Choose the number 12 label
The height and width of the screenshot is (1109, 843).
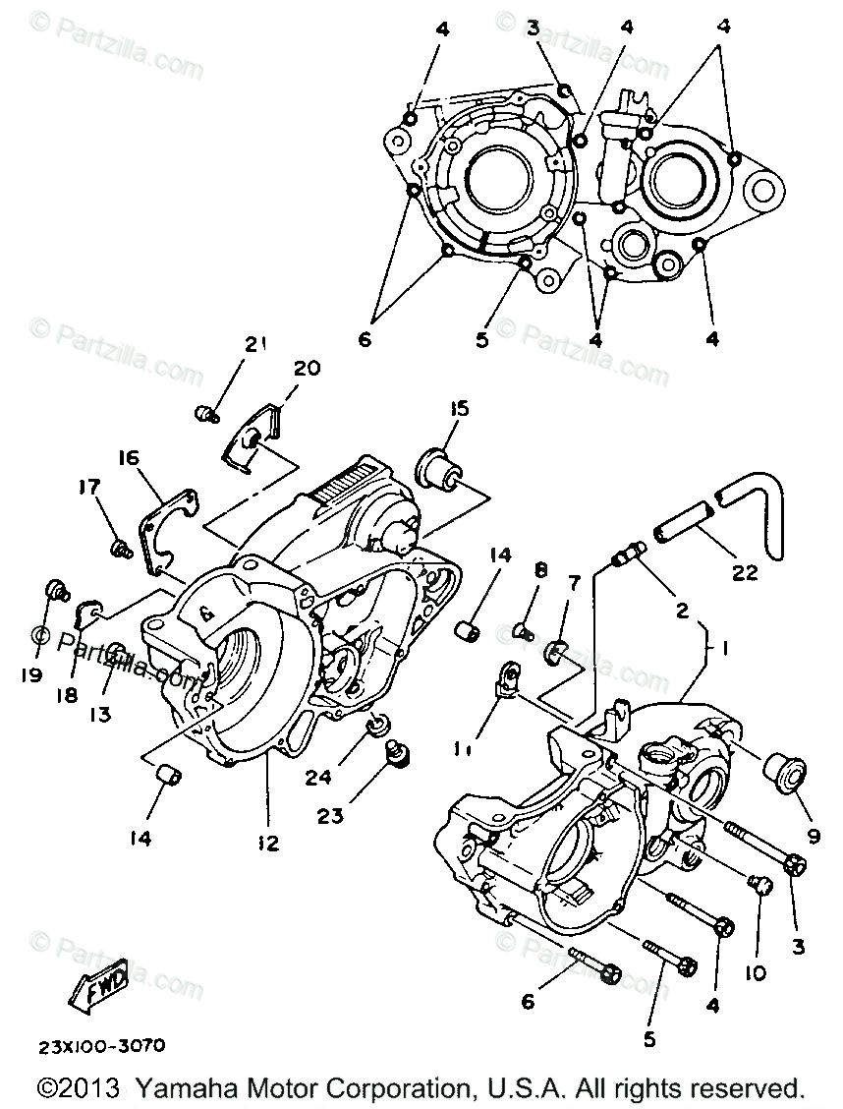point(267,843)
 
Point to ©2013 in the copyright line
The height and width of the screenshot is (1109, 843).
point(79,1089)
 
